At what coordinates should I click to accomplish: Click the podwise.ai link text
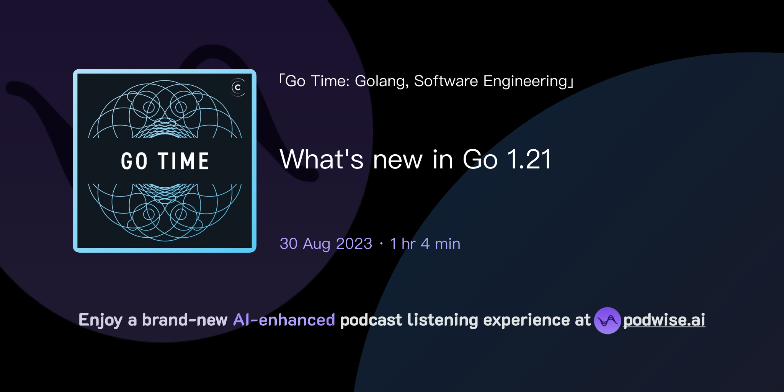pyautogui.click(x=664, y=320)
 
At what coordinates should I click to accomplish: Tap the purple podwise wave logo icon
pyautogui.click(x=607, y=320)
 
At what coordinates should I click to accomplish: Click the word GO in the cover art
pyautogui.click(x=134, y=161)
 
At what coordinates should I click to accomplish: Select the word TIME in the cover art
pyautogui.click(x=184, y=161)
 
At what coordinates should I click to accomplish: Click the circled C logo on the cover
pyautogui.click(x=238, y=88)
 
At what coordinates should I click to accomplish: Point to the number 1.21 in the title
pyautogui.click(x=529, y=159)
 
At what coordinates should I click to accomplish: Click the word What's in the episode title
pyautogui.click(x=322, y=159)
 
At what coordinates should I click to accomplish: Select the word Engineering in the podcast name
pyautogui.click(x=525, y=81)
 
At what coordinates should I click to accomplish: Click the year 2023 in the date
pyautogui.click(x=354, y=244)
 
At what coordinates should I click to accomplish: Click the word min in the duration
pyautogui.click(x=448, y=244)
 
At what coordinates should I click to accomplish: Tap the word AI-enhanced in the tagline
pyautogui.click(x=284, y=320)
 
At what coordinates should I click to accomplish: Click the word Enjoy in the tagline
pyautogui.click(x=100, y=320)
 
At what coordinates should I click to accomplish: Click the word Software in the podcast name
pyautogui.click(x=446, y=81)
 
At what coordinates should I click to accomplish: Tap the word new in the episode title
pyautogui.click(x=398, y=160)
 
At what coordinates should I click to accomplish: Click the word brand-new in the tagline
pyautogui.click(x=185, y=320)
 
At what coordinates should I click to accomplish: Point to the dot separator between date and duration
pyautogui.click(x=381, y=244)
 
